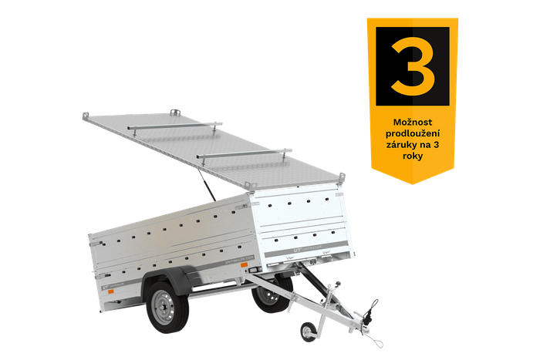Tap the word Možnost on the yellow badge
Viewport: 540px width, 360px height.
tap(412, 123)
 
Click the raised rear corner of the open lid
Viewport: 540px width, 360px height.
tap(83, 115)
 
